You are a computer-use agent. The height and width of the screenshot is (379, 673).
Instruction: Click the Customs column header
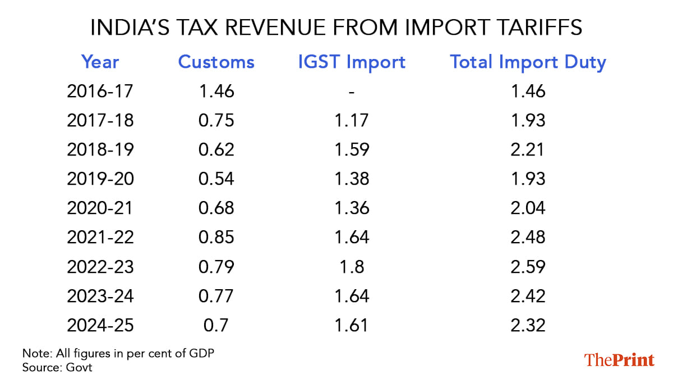(x=216, y=62)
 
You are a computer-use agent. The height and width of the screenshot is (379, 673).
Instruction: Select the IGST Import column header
(x=352, y=62)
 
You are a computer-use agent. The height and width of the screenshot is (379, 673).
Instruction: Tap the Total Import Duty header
(x=528, y=62)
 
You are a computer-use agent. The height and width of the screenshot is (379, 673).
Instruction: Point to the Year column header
(x=100, y=62)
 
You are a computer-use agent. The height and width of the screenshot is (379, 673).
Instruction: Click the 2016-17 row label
(x=100, y=91)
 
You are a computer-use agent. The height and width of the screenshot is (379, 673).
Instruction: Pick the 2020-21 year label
(x=100, y=208)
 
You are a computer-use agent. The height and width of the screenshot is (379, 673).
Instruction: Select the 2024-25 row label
(x=100, y=325)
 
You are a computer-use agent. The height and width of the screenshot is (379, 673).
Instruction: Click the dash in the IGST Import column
(x=352, y=91)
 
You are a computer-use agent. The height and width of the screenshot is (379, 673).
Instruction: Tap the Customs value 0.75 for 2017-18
(x=216, y=120)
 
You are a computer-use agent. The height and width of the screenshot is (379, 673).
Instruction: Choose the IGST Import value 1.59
(x=352, y=149)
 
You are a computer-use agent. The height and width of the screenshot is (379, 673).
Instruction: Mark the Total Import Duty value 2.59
(x=528, y=266)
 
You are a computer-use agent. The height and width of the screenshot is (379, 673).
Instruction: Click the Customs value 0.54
(x=216, y=179)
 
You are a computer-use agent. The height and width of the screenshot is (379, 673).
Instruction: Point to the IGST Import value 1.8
(x=352, y=266)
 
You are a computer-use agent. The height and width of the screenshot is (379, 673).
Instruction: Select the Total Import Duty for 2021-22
(x=528, y=237)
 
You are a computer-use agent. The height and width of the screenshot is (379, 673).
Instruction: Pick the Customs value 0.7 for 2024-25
(x=216, y=325)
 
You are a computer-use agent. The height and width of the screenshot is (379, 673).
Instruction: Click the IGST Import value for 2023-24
(x=352, y=295)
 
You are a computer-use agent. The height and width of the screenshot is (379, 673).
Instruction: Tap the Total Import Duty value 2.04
(x=528, y=208)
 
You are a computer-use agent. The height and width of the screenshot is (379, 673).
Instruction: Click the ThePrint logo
(x=619, y=359)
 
